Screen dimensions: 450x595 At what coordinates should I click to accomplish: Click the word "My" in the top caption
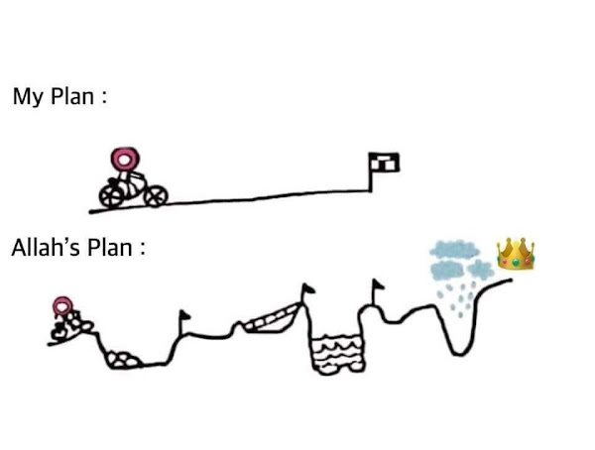26,98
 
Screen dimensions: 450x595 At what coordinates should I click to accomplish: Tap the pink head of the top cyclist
124,159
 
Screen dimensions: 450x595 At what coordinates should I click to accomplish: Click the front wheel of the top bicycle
155,196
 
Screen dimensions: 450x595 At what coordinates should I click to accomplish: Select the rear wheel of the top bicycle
110,195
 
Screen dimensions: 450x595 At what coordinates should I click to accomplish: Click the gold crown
516,255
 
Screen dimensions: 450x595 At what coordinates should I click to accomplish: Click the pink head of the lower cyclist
62,305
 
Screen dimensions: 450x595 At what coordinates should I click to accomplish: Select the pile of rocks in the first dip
124,359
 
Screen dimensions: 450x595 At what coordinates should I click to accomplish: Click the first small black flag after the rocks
184,317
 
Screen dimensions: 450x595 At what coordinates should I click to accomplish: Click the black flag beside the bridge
306,289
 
